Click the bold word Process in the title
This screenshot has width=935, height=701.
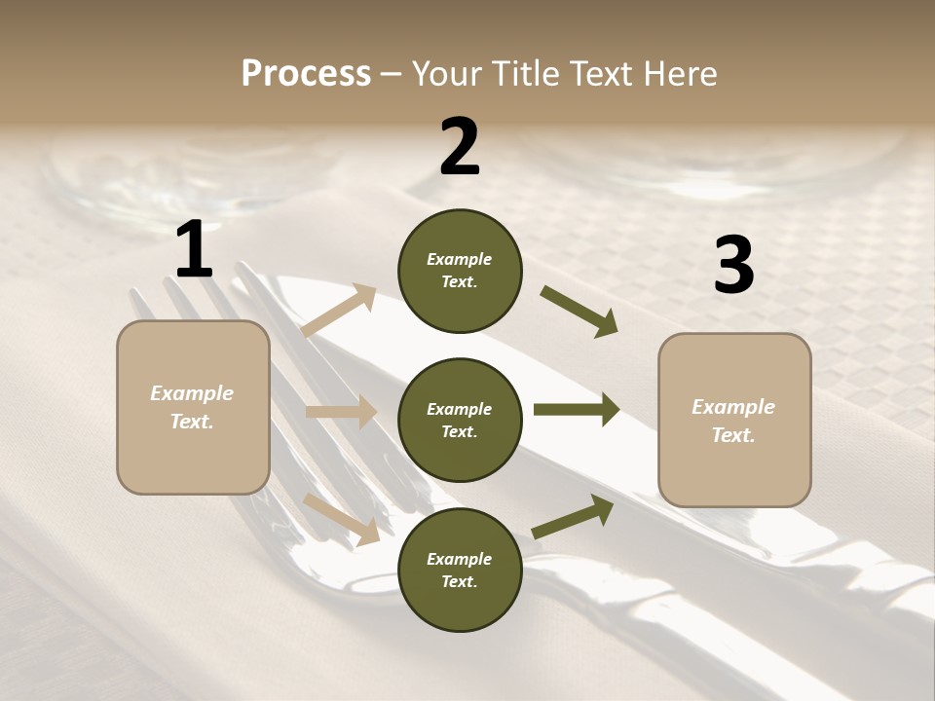[306, 73]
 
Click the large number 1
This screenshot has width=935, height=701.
[194, 250]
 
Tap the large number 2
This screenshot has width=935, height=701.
[460, 147]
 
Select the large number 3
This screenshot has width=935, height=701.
[733, 266]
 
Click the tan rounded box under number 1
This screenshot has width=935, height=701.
[193, 407]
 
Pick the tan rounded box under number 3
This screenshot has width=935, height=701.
[734, 420]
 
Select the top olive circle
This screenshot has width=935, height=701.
[460, 271]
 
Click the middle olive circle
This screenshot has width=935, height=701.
[460, 420]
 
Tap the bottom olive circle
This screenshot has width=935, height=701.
[460, 570]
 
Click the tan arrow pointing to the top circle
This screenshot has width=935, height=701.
[339, 311]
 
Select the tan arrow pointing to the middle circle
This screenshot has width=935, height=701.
[341, 412]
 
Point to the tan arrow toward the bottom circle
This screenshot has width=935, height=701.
[341, 518]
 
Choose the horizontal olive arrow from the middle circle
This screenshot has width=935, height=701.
[577, 410]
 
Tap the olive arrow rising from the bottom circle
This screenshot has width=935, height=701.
[573, 517]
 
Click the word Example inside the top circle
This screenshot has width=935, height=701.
[460, 259]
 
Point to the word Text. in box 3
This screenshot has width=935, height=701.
[733, 435]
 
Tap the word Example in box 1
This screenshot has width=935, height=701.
[192, 393]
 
